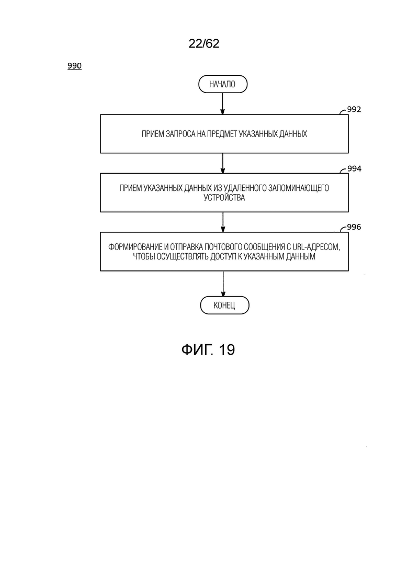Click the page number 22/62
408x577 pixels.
(x=204, y=43)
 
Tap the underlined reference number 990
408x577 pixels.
(x=74, y=66)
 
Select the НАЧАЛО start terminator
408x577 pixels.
(x=223, y=84)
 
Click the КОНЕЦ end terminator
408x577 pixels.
(x=224, y=306)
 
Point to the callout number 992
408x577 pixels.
(x=354, y=109)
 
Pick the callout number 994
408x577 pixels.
(x=354, y=168)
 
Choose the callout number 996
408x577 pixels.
(x=354, y=227)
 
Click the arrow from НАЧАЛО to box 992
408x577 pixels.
(x=222, y=104)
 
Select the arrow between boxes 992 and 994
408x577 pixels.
(x=223, y=163)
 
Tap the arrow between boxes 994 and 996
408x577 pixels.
(x=223, y=222)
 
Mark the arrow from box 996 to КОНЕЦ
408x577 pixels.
(x=223, y=284)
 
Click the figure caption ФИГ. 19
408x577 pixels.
(x=208, y=349)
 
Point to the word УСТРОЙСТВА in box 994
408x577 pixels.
(x=224, y=198)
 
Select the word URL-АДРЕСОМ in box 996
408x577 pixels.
(x=315, y=247)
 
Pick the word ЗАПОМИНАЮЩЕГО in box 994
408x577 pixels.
(x=299, y=188)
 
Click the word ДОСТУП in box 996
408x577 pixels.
(x=223, y=256)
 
